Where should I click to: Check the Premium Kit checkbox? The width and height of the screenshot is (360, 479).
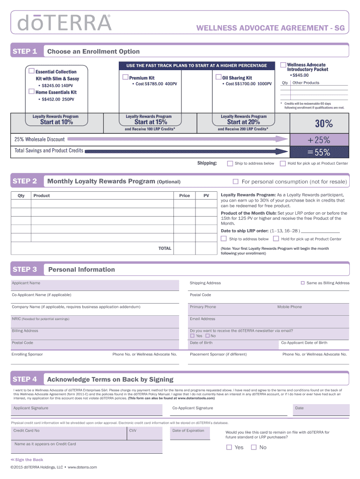(x=125, y=77)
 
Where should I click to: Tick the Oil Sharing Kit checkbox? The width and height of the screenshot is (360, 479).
(x=218, y=77)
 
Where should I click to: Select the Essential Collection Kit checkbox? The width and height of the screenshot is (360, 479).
(x=31, y=71)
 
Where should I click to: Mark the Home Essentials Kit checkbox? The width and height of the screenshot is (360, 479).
(x=31, y=92)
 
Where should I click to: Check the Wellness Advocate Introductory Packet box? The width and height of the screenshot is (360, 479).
(x=283, y=65)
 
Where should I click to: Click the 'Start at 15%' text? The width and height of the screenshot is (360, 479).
(x=149, y=122)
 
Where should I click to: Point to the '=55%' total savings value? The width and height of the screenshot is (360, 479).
(x=319, y=152)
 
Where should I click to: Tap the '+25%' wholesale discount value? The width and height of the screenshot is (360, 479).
(x=319, y=139)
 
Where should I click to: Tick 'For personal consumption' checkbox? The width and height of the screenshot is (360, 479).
(x=236, y=181)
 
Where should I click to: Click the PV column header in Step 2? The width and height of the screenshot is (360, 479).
(x=206, y=196)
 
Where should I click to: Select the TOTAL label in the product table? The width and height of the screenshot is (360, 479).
(x=165, y=248)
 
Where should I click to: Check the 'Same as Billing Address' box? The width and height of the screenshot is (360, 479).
(x=302, y=283)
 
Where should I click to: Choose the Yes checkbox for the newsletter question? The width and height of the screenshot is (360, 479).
(x=192, y=336)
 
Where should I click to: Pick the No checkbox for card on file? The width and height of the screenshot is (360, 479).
(x=253, y=447)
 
